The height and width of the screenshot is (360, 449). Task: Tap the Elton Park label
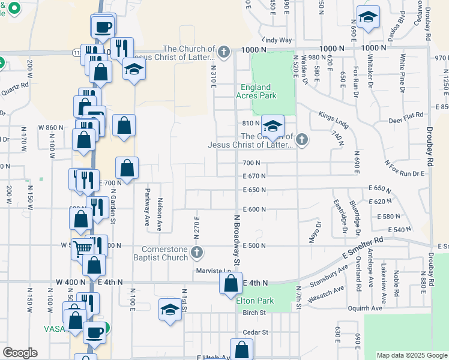(255, 300)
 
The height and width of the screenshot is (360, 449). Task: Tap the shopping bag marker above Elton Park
(231, 283)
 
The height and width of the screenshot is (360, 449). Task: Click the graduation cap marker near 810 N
(272, 127)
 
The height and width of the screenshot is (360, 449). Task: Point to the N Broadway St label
(237, 241)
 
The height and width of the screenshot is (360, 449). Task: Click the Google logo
(19, 353)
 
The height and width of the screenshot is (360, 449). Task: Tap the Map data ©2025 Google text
(412, 355)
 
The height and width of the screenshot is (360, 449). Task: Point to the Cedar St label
(255, 332)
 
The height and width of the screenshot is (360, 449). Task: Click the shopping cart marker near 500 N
(83, 247)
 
